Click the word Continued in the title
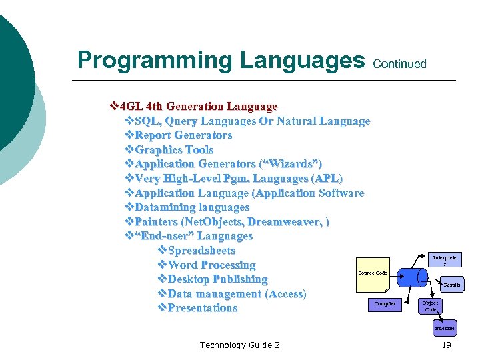coord(399,64)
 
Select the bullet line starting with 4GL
coord(193,107)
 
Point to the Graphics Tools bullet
coord(169,150)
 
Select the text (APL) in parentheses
coord(327,179)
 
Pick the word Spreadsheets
coord(201,251)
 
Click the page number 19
coord(446,345)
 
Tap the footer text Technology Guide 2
coord(239,345)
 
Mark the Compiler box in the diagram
coord(385,304)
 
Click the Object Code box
coord(431,306)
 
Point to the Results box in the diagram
coord(452,285)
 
